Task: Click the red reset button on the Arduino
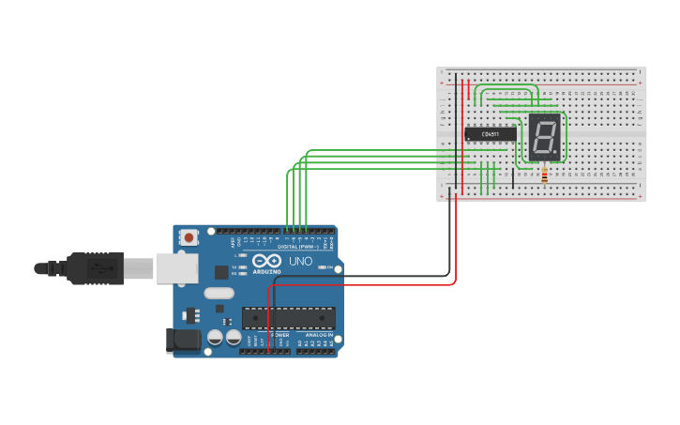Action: [189, 238]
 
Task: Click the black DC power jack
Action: [184, 340]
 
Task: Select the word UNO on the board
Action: [300, 262]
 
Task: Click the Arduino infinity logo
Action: [266, 261]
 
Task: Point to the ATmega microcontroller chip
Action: [288, 318]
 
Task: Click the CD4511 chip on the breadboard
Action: [491, 134]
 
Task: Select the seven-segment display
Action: [544, 138]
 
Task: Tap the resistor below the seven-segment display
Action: [544, 175]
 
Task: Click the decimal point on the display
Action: [556, 155]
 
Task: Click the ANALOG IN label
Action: [318, 335]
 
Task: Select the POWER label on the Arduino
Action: [280, 335]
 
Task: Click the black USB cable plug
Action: [94, 268]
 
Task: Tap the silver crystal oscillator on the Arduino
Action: [218, 294]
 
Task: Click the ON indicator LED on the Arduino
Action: [321, 268]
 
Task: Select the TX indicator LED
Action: [242, 267]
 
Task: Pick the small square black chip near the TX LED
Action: [221, 272]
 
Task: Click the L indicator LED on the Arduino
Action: [242, 255]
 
